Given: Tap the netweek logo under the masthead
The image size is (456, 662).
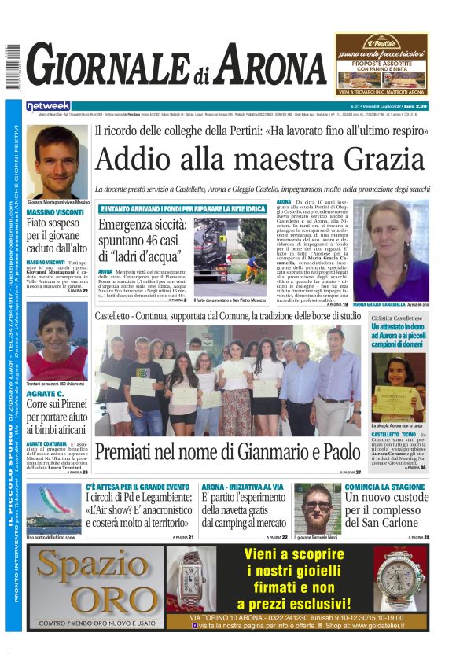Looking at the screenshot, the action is click(x=48, y=106).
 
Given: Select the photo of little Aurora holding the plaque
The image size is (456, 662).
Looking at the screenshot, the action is click(x=399, y=385).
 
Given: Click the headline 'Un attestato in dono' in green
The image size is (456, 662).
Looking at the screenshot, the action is click(x=399, y=333).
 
